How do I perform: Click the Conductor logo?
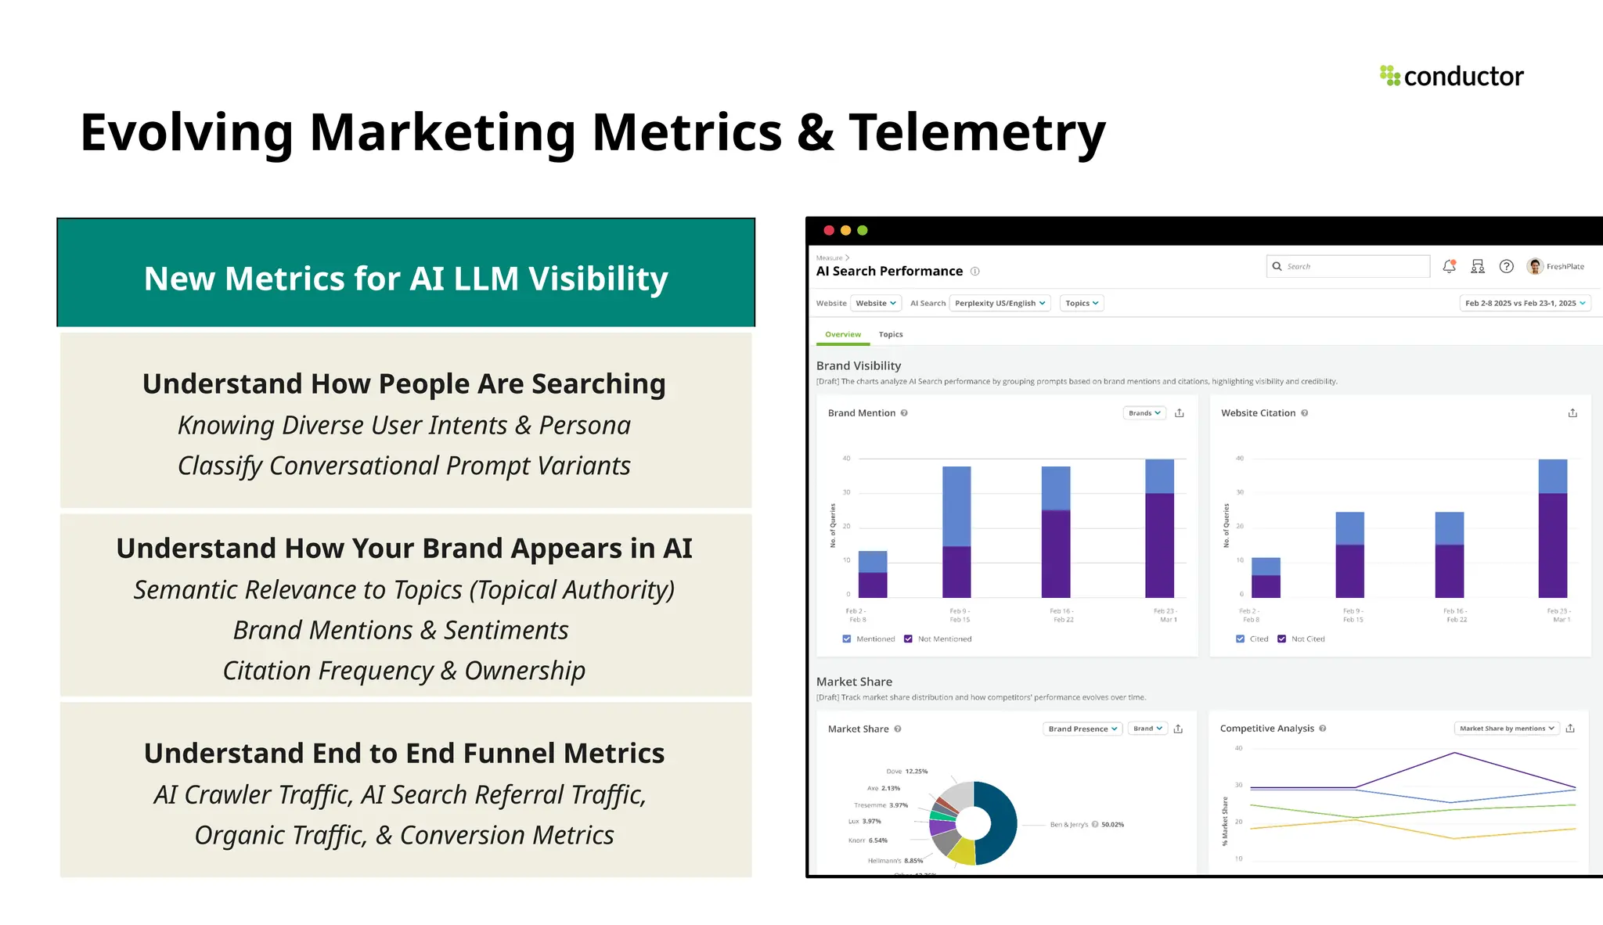[x=1451, y=76]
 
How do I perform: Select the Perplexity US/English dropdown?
[x=1000, y=304]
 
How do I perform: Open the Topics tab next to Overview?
[x=891, y=335]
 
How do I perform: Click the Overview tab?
[x=842, y=335]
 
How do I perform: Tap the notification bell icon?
[x=1449, y=267]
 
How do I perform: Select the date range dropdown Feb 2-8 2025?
[x=1525, y=304]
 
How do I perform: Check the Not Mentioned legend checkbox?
[x=908, y=639]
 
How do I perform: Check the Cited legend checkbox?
[x=1240, y=639]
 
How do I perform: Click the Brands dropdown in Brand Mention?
[x=1144, y=413]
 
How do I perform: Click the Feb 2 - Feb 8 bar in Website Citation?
[x=1266, y=578]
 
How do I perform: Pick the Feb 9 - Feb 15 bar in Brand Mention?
[x=956, y=532]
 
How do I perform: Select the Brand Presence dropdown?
[x=1082, y=729]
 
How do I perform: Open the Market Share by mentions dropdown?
[x=1506, y=729]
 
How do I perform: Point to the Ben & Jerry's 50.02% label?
[x=1086, y=825]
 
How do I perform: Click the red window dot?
[x=829, y=231]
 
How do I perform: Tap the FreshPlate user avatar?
[x=1534, y=267]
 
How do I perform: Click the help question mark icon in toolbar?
[x=1506, y=267]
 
